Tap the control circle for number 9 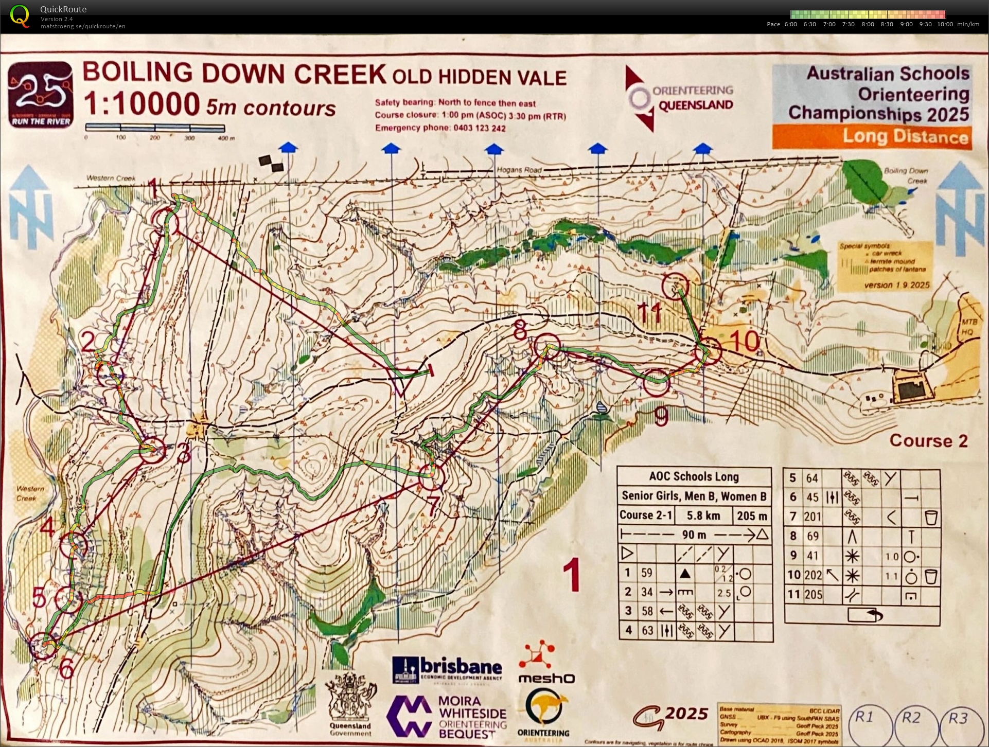pyautogui.click(x=656, y=382)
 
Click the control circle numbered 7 pyautogui.click(x=431, y=477)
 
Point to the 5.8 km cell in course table pyautogui.click(x=703, y=515)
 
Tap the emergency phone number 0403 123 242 pyautogui.click(x=477, y=128)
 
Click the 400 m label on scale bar pyautogui.click(x=226, y=138)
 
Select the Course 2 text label pyautogui.click(x=928, y=440)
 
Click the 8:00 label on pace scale pyautogui.click(x=868, y=24)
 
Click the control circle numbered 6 pyautogui.click(x=43, y=645)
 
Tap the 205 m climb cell pyautogui.click(x=751, y=515)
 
